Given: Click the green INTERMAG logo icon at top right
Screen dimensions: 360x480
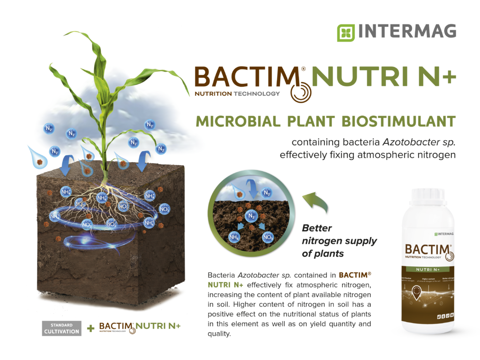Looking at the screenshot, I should click(345, 33).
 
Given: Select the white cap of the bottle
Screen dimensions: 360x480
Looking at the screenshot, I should click(428, 194).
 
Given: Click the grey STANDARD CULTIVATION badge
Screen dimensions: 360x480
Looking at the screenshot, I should click(61, 328).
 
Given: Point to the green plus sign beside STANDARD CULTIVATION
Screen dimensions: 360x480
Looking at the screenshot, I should click(90, 329).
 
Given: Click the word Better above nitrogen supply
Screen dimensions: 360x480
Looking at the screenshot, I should click(317, 228).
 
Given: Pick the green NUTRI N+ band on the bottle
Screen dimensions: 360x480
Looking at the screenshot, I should click(428, 270).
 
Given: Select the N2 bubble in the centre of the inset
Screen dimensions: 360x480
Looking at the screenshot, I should click(251, 217).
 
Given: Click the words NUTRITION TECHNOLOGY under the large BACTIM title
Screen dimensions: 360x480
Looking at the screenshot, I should click(237, 94).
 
